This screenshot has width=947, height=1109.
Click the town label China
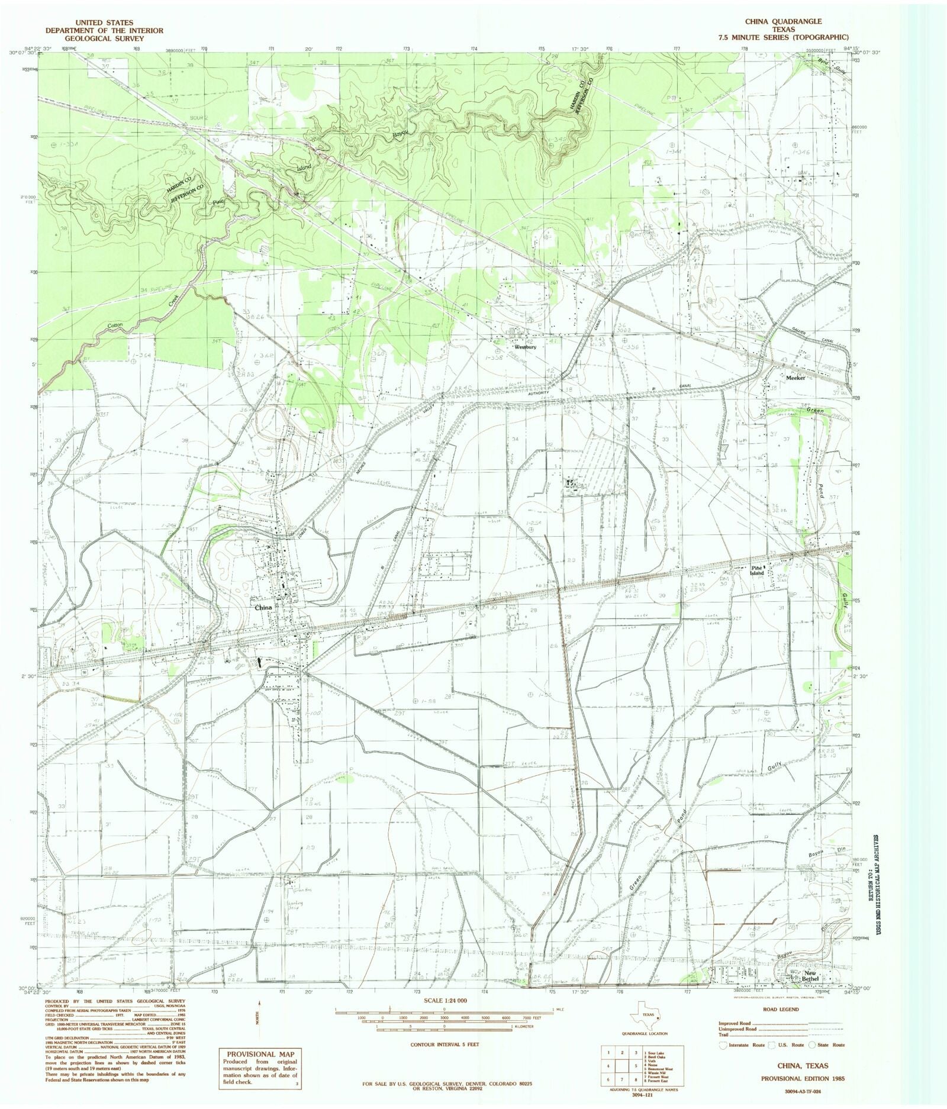pyautogui.click(x=263, y=608)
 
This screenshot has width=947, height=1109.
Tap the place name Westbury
pyautogui.click(x=524, y=347)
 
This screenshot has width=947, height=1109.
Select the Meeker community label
pyautogui.click(x=795, y=378)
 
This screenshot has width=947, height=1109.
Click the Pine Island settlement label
pyautogui.click(x=757, y=570)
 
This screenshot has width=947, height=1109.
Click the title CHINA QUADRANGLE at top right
pyautogui.click(x=783, y=21)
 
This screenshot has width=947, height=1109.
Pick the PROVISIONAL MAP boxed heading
pyautogui.click(x=260, y=1054)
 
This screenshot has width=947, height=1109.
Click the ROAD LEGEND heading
pyautogui.click(x=781, y=1010)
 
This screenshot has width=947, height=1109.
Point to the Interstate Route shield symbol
pyautogui.click(x=723, y=1046)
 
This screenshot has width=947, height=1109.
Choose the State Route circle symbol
pyautogui.click(x=811, y=1046)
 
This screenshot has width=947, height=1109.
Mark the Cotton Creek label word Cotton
pyautogui.click(x=115, y=326)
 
